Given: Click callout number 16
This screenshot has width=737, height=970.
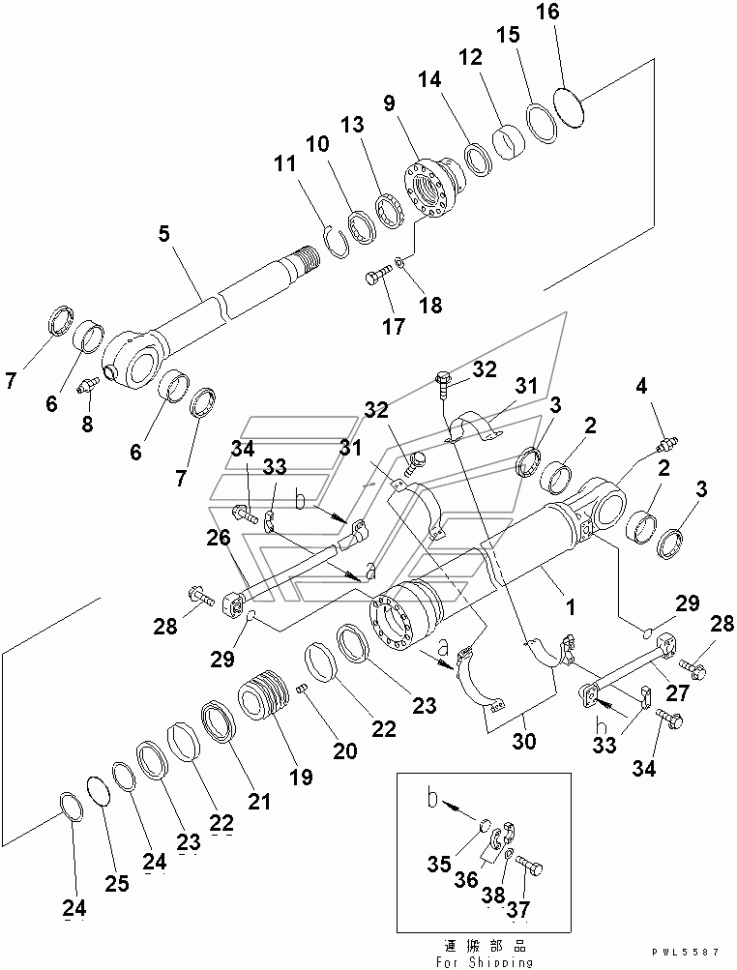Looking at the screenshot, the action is pyautogui.click(x=548, y=12).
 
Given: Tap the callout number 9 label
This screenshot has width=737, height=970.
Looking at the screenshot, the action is pyautogui.click(x=389, y=103).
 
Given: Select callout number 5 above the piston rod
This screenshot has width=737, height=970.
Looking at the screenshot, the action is pyautogui.click(x=163, y=234).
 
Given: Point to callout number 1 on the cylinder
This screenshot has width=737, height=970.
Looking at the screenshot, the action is pyautogui.click(x=571, y=607).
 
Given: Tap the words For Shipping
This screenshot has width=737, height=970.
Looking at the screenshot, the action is pyautogui.click(x=485, y=962).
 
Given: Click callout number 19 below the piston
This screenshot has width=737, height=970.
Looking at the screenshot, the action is pyautogui.click(x=302, y=777).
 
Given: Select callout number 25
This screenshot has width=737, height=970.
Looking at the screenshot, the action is pyautogui.click(x=116, y=883).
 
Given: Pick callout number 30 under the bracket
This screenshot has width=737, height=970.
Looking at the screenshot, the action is pyautogui.click(x=524, y=740).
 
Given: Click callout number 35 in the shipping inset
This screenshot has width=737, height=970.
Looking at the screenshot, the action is pyautogui.click(x=439, y=864).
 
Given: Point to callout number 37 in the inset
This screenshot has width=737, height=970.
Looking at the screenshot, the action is pyautogui.click(x=518, y=909).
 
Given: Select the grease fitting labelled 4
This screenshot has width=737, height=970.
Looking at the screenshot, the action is pyautogui.click(x=667, y=443).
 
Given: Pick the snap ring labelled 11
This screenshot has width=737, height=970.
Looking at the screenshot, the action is pyautogui.click(x=337, y=242).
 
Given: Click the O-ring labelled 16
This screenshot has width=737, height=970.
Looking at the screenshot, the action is pyautogui.click(x=570, y=106).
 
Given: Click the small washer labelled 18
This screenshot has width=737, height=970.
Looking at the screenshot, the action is pyautogui.click(x=399, y=263).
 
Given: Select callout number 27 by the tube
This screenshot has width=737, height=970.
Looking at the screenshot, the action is pyautogui.click(x=677, y=692).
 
